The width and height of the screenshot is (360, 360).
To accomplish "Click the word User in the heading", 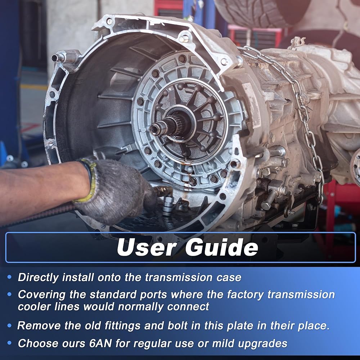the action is (x=147, y=247).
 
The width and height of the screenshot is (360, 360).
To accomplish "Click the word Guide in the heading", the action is (x=222, y=247).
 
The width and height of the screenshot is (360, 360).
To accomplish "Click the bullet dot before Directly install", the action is (x=9, y=277).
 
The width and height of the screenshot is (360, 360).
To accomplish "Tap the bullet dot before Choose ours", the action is (x=9, y=343).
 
